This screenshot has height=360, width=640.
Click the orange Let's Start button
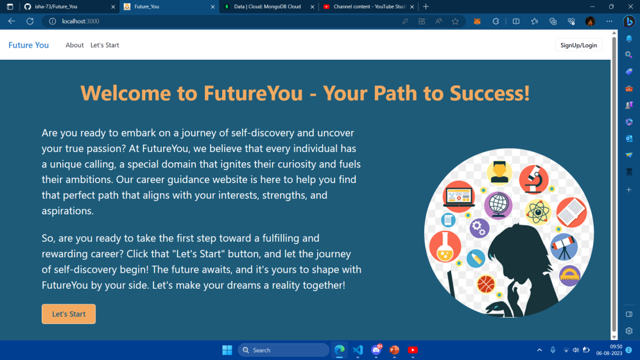pyautogui.click(x=69, y=314)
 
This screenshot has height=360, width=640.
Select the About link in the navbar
pyautogui.click(x=74, y=45)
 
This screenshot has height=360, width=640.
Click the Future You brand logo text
pyautogui.click(x=28, y=45)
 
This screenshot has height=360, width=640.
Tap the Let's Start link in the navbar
pyautogui.click(x=105, y=45)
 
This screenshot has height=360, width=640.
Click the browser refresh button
pyautogui.click(x=30, y=21)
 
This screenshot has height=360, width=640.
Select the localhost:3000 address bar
pyautogui.click(x=193, y=21)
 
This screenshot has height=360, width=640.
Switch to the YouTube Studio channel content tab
pyautogui.click(x=366, y=6)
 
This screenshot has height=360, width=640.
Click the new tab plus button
pyautogui.click(x=426, y=6)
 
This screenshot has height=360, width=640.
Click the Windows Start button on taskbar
pyautogui.click(x=227, y=350)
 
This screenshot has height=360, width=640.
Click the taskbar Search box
pyautogui.click(x=283, y=350)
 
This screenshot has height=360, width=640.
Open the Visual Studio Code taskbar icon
pyautogui.click(x=358, y=350)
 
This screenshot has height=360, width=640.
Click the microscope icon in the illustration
pyautogui.click(x=533, y=178)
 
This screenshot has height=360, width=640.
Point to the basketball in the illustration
pyautogui.click(x=486, y=283)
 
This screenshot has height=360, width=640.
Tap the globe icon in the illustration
pyautogui.click(x=498, y=205)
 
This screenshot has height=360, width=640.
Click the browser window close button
pyautogui.click(x=629, y=6)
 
